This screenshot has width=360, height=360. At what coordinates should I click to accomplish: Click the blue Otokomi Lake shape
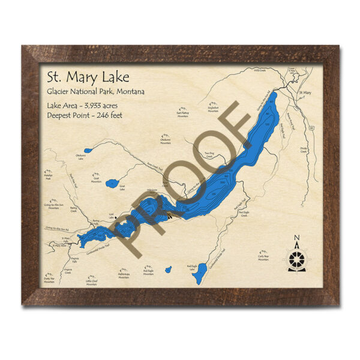(x=88, y=150)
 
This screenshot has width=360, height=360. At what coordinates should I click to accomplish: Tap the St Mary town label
(x=306, y=92)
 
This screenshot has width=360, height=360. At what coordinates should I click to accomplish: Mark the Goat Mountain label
(x=96, y=179)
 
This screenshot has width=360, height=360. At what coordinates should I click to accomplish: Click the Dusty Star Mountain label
(x=49, y=280)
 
